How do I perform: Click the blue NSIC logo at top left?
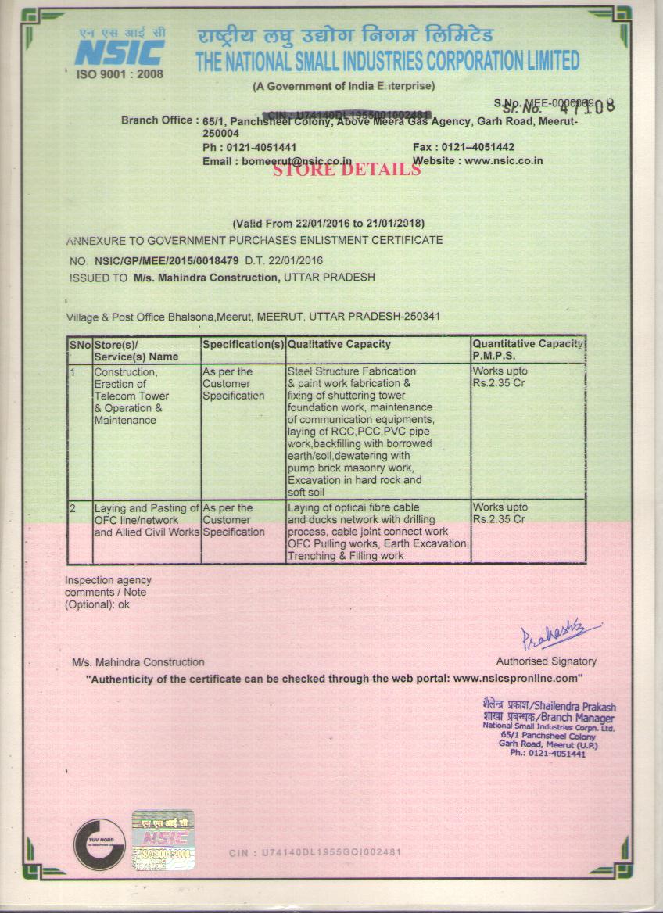pyautogui.click(x=120, y=52)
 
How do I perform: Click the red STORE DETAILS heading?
pyautogui.click(x=346, y=169)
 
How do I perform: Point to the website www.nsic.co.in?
pyautogui.click(x=504, y=161)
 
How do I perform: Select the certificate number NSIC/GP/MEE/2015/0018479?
pyautogui.click(x=167, y=260)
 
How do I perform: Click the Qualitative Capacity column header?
pyautogui.click(x=339, y=344)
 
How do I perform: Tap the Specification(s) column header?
pyautogui.click(x=243, y=344)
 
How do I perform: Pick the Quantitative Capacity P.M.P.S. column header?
pyautogui.click(x=528, y=349)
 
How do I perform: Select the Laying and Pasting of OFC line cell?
pyautogui.click(x=146, y=520)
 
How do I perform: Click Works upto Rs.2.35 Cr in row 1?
pyautogui.click(x=500, y=377)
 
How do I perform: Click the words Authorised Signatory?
pyautogui.click(x=546, y=661)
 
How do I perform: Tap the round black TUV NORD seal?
pyautogui.click(x=99, y=844)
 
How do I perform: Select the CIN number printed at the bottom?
pyautogui.click(x=315, y=851)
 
